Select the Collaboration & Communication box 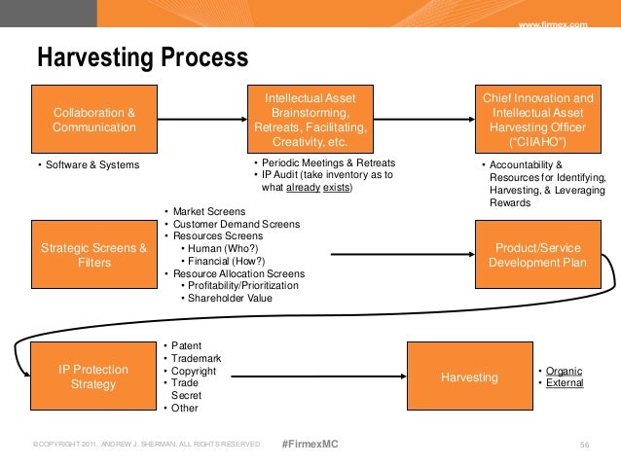click(x=93, y=120)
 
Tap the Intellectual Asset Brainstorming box click(x=310, y=120)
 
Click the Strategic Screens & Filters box click(x=93, y=255)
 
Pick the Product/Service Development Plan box click(x=536, y=255)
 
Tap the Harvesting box click(x=468, y=376)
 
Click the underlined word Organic click(x=565, y=371)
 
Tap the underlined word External click(x=565, y=383)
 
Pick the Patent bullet click(x=186, y=345)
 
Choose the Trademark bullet click(x=196, y=358)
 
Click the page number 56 click(x=585, y=445)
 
